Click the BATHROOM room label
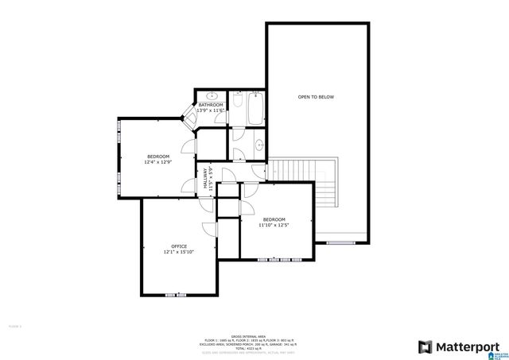[211, 105]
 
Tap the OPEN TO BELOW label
[316, 97]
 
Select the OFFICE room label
[179, 246]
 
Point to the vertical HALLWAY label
[205, 176]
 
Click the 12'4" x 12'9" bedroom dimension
[157, 162]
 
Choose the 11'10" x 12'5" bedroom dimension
[273, 225]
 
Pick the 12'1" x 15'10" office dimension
[179, 253]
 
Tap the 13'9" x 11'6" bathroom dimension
[211, 110]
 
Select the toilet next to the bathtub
[236, 99]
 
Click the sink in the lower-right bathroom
[258, 146]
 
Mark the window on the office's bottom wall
[176, 295]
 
